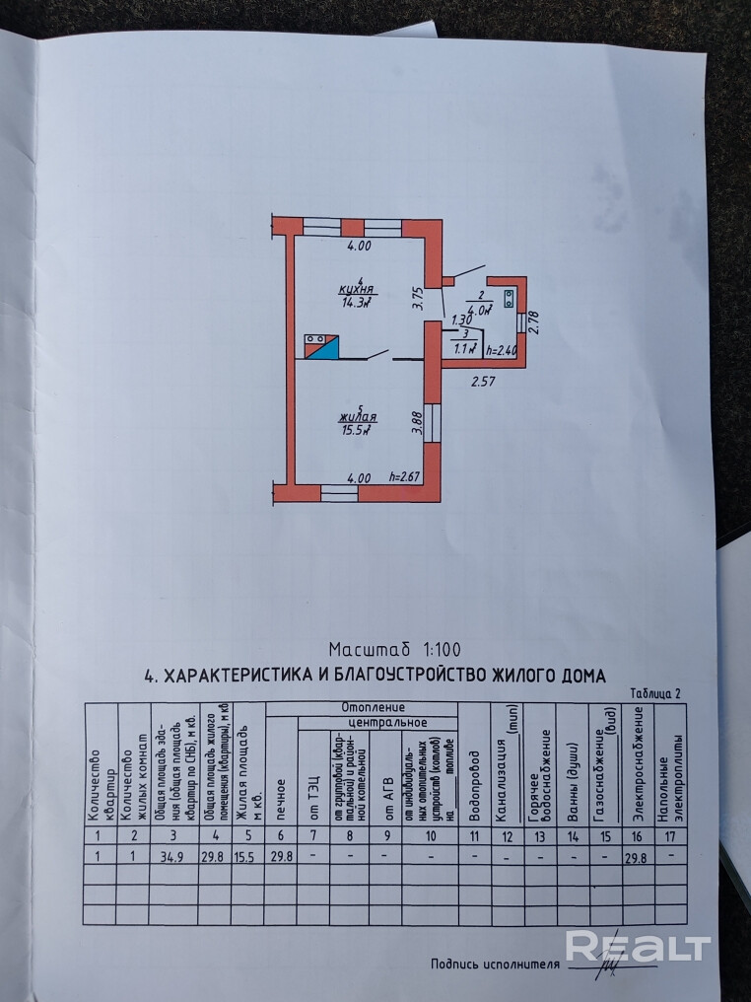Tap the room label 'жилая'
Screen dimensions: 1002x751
(x=361, y=417)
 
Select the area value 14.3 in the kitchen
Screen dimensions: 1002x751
(x=356, y=303)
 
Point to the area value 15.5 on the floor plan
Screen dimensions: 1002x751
(x=357, y=430)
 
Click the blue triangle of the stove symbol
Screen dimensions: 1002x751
(x=327, y=350)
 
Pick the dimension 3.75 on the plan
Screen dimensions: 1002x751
(x=417, y=298)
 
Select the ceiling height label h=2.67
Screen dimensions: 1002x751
(x=406, y=477)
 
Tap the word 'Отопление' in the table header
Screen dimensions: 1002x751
(x=374, y=707)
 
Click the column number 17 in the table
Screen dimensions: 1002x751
(x=671, y=836)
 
